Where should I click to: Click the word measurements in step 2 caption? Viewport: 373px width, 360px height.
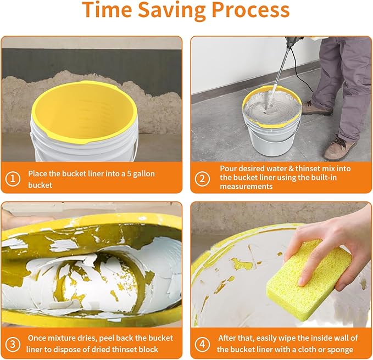[246, 186]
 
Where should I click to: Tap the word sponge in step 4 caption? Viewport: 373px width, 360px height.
[341, 350]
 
